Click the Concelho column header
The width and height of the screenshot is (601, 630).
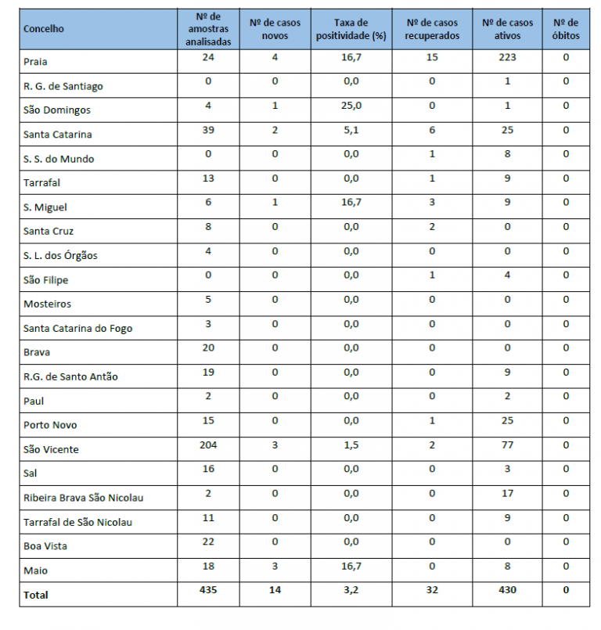tap(44, 29)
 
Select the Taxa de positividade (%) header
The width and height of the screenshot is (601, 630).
tap(351, 29)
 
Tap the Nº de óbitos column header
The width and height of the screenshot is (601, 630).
tap(565, 29)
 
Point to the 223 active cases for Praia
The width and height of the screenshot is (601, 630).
tap(506, 57)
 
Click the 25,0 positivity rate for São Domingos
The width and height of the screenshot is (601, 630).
tap(351, 106)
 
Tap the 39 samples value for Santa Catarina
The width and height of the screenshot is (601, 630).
tap(207, 130)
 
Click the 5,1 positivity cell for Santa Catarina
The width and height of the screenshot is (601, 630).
tap(351, 130)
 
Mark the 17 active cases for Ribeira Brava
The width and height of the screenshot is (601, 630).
tap(506, 493)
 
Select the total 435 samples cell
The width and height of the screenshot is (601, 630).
tap(207, 589)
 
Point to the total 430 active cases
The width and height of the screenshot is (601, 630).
tap(506, 589)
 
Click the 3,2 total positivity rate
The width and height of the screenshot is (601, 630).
tap(351, 589)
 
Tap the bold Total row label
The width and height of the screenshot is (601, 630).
tap(36, 595)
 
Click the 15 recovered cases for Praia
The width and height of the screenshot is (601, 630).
tap(431, 57)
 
